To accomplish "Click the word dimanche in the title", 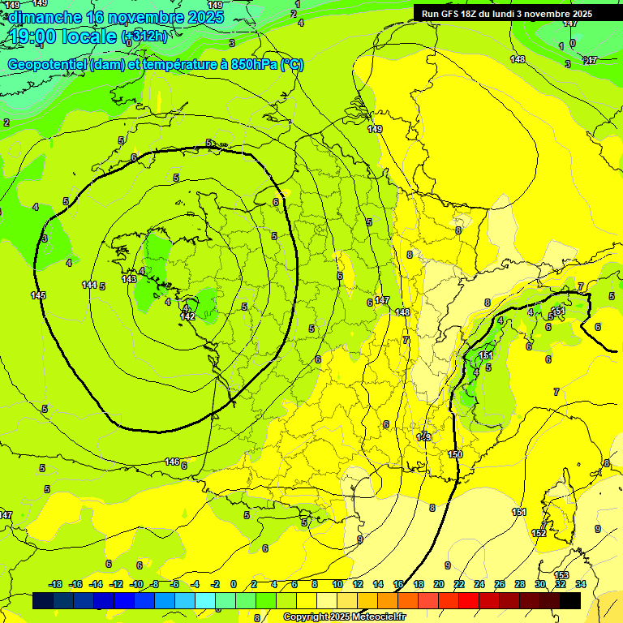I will (44, 16).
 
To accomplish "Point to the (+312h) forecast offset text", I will (144, 37).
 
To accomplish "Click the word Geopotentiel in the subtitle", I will (47, 65).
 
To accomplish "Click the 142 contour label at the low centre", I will (187, 316).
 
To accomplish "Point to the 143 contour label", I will (129, 279).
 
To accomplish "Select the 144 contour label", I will (89, 285).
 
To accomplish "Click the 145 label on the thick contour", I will (38, 295).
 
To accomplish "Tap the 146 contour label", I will (172, 462).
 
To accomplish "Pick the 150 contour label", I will (455, 454).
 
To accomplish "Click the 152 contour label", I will (539, 533).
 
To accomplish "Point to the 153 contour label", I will (561, 575).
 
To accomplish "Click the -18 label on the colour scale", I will (55, 584).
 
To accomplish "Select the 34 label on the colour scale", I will (580, 584).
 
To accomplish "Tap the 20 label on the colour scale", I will (438, 584).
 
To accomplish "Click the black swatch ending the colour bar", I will (570, 600).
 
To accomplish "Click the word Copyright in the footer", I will (307, 617).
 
